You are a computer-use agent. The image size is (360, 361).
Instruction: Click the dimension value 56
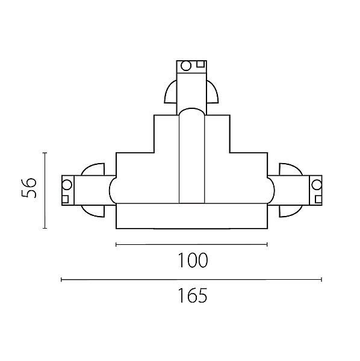(x=29, y=188)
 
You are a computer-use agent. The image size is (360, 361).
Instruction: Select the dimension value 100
(x=193, y=260)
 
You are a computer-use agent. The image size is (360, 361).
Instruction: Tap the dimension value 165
(x=193, y=295)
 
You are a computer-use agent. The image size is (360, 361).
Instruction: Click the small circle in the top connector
(x=186, y=66)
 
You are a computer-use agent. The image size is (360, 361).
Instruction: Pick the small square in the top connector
(x=200, y=64)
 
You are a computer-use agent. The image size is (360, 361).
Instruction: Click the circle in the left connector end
(x=67, y=185)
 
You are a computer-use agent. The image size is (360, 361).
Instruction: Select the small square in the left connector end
(x=65, y=199)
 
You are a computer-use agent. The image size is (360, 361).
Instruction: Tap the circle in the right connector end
(x=317, y=185)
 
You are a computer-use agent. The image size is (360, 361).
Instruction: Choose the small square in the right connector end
(x=318, y=199)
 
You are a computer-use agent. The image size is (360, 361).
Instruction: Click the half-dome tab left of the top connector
(x=171, y=91)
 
